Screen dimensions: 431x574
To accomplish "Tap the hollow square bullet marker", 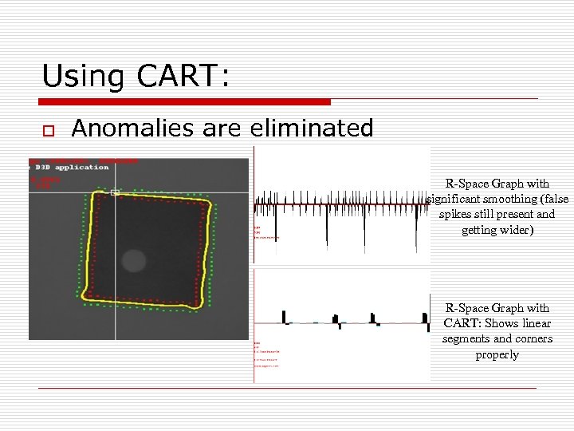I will click(x=48, y=129).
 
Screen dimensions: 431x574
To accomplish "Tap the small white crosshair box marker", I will click(x=115, y=192).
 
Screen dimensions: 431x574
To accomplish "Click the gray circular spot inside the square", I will click(x=133, y=260).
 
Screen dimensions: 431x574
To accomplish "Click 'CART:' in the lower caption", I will click(x=459, y=323).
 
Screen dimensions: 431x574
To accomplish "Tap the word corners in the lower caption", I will click(x=534, y=338).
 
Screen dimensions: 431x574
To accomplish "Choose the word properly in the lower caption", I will click(x=497, y=354).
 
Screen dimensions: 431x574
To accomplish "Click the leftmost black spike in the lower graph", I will click(x=285, y=317).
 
